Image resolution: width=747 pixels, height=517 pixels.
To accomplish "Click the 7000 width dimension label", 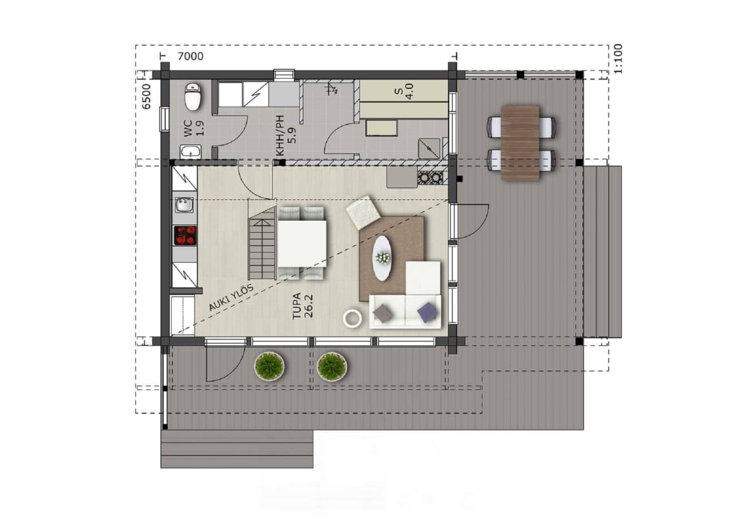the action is [x=190, y=56].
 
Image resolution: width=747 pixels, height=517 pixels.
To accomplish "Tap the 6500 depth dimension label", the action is [x=147, y=97].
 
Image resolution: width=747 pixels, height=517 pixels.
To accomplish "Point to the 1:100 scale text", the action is [x=617, y=59].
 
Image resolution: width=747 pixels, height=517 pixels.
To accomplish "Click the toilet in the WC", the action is [x=193, y=96].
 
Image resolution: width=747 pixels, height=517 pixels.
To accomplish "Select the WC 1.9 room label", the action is [x=194, y=128].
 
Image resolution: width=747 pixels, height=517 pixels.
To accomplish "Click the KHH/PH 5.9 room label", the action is [x=286, y=136].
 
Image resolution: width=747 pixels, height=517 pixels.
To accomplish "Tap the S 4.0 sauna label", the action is [x=405, y=91].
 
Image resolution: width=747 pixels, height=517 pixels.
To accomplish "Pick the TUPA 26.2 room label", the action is [x=302, y=306].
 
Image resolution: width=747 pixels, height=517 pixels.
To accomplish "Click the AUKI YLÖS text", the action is [x=231, y=298].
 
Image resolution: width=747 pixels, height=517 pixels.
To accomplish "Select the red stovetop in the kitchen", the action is [x=185, y=235].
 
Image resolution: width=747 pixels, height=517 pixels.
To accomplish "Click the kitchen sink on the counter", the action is [x=184, y=205].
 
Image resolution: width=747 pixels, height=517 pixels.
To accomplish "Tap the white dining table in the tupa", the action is [x=302, y=243].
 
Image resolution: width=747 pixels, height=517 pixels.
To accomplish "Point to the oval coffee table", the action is [x=382, y=258].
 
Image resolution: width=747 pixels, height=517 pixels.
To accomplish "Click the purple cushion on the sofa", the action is [x=427, y=312].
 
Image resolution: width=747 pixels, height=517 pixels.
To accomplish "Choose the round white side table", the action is [x=353, y=319].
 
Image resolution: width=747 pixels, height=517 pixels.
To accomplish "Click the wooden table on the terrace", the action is [x=520, y=143].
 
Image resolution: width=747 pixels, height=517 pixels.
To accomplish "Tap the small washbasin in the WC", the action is [x=191, y=153].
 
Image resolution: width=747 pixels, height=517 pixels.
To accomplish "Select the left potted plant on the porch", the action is [x=269, y=366].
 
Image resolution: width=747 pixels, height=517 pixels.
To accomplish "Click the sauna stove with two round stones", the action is [x=430, y=177].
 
